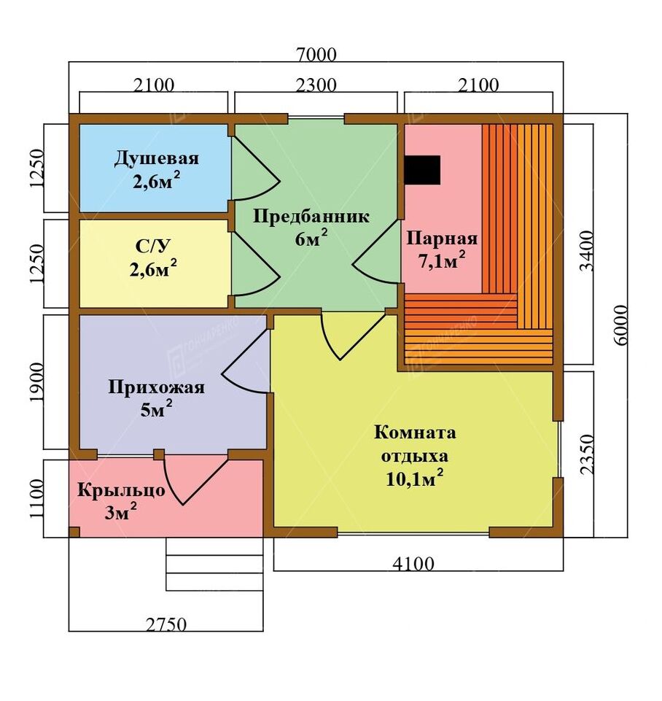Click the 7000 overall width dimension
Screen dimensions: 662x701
coord(316,55)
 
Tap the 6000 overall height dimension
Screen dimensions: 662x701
coord(621,325)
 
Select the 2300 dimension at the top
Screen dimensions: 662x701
coord(316,85)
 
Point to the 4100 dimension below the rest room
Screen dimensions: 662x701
coord(413,564)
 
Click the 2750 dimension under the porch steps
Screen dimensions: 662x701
coord(165,624)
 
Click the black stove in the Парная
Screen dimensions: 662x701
coord(422,169)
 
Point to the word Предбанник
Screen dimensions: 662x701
coord(311,217)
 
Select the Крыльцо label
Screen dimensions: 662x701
coord(121,490)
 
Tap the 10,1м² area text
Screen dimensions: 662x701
coord(415,479)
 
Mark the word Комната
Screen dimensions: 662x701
coord(415,433)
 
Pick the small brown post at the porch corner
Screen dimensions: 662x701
coord(74,532)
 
